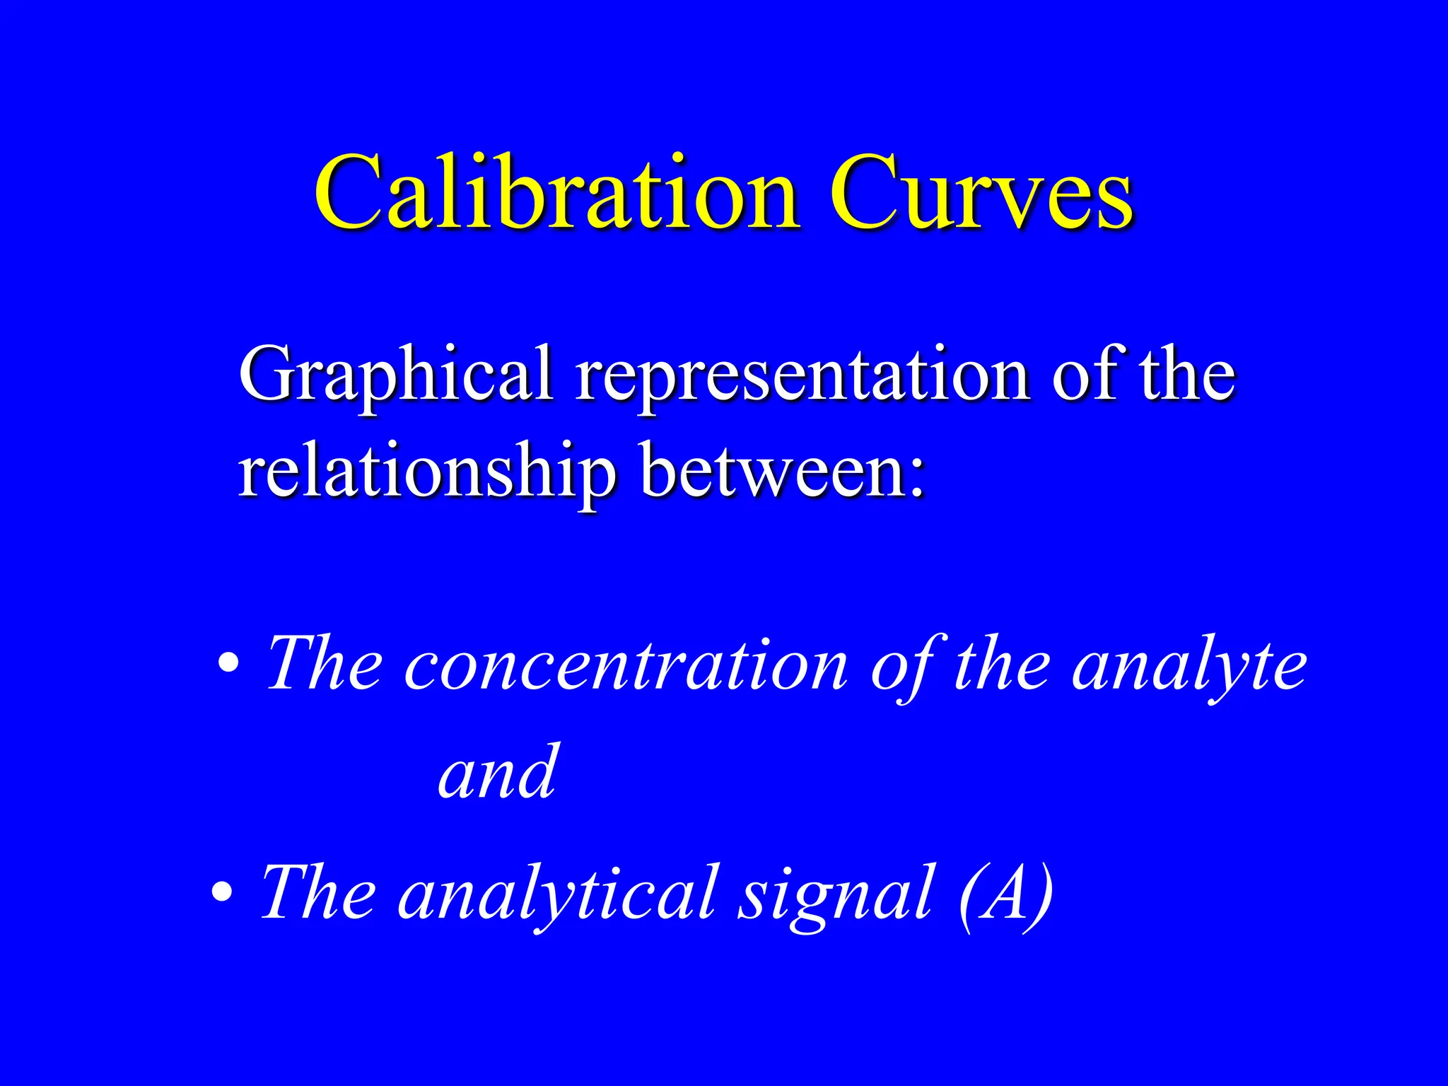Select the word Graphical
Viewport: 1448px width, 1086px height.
[x=395, y=375]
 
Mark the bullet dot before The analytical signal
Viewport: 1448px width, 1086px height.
[x=222, y=892]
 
